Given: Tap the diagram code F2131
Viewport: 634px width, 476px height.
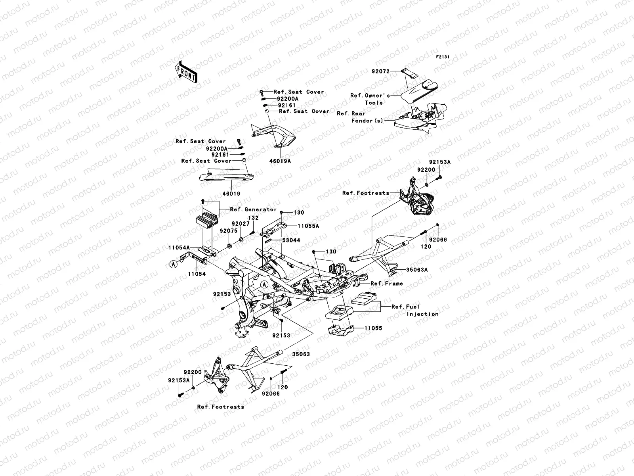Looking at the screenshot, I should pyautogui.click(x=443, y=57).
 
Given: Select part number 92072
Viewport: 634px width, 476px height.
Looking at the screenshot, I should pyautogui.click(x=380, y=72).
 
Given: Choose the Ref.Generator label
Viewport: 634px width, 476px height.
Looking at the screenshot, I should pyautogui.click(x=253, y=209).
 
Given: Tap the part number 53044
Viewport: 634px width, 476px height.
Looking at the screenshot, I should pyautogui.click(x=291, y=240).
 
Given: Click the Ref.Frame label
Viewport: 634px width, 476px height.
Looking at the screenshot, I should pyautogui.click(x=386, y=284).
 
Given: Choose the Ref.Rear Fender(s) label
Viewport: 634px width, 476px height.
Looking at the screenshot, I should pyautogui.click(x=360, y=117).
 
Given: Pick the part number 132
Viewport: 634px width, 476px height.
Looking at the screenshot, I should pyautogui.click(x=253, y=218).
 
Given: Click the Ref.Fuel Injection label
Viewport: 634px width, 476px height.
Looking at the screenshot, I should pyautogui.click(x=415, y=310).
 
